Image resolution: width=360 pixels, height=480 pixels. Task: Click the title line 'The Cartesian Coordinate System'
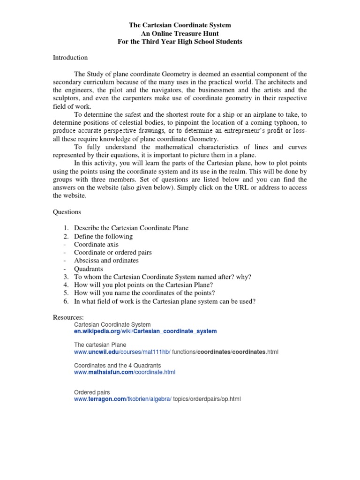tap(180, 25)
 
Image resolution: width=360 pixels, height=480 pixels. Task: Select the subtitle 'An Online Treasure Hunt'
tap(180, 33)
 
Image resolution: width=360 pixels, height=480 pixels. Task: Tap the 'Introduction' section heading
tap(70, 58)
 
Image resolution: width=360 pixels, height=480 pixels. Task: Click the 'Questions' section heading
tap(67, 212)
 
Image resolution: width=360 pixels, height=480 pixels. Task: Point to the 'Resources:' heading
tap(68, 317)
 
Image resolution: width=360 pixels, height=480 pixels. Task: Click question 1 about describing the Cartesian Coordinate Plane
tap(131, 228)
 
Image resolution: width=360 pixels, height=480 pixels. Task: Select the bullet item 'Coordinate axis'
tap(96, 244)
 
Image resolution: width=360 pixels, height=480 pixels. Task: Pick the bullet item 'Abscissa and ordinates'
tap(106, 260)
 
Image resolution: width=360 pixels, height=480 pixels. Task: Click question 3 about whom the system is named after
tap(162, 277)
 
